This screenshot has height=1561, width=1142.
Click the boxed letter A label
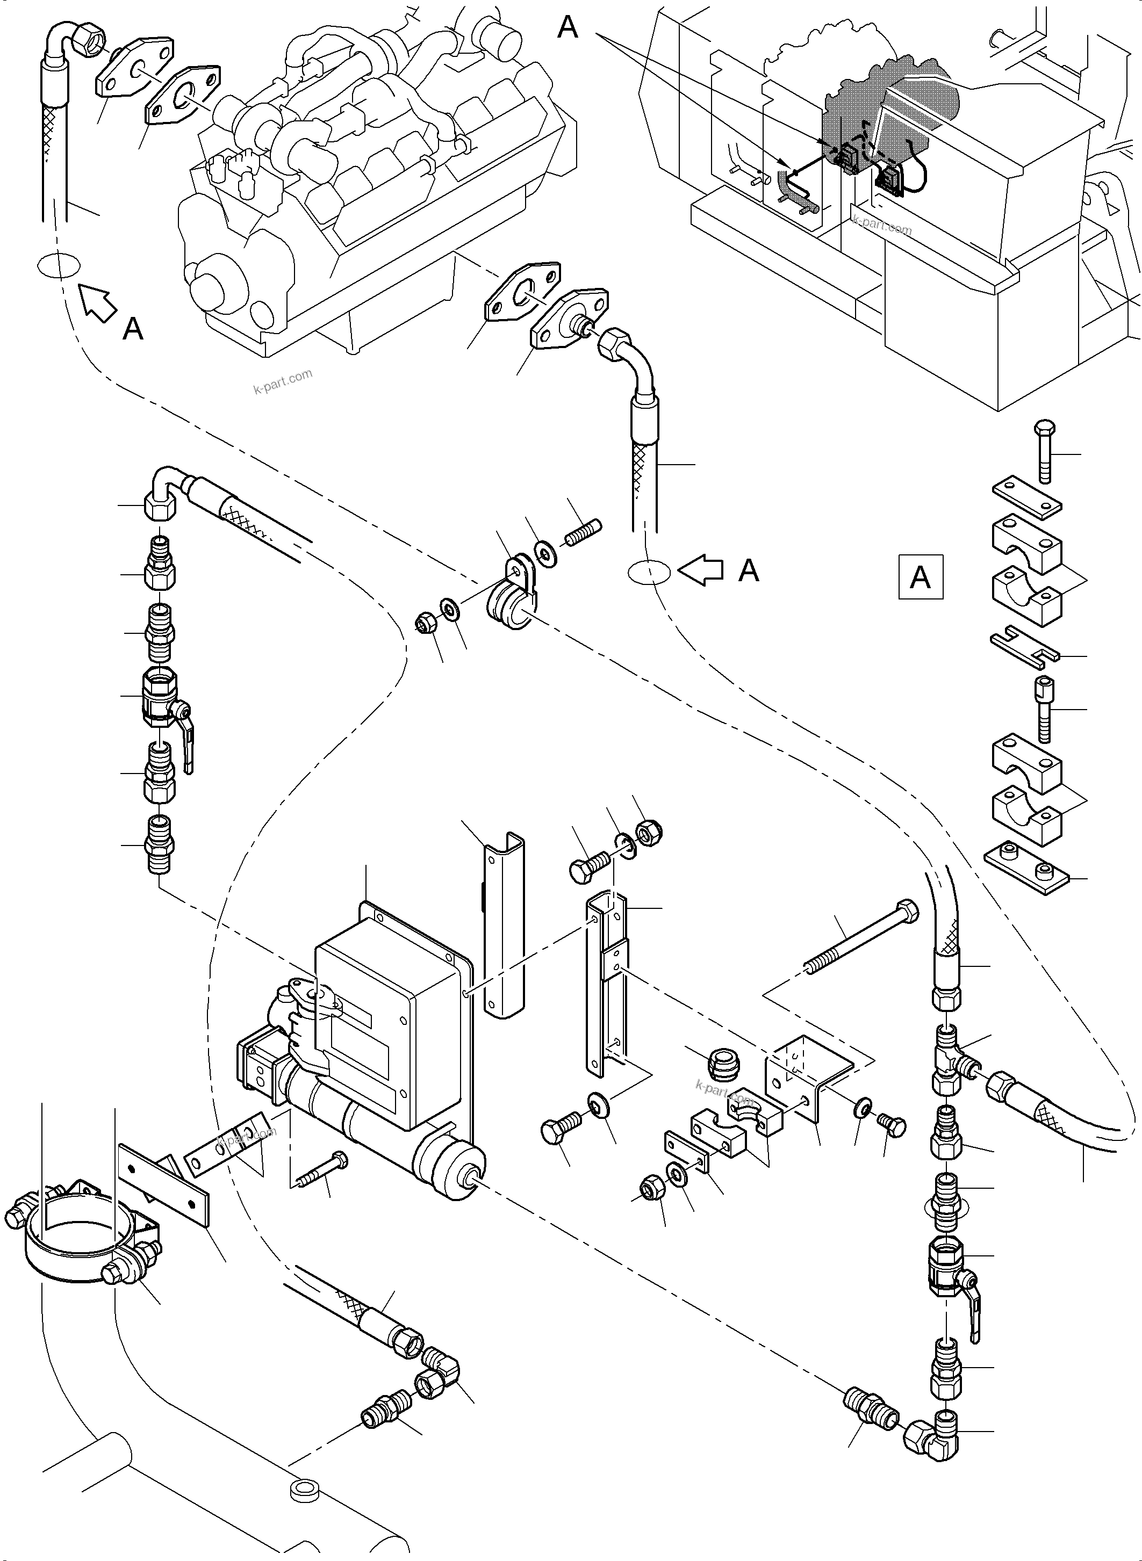[x=920, y=576]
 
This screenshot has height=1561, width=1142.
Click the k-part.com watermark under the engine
[x=283, y=381]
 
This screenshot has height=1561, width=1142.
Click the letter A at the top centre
[x=568, y=27]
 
